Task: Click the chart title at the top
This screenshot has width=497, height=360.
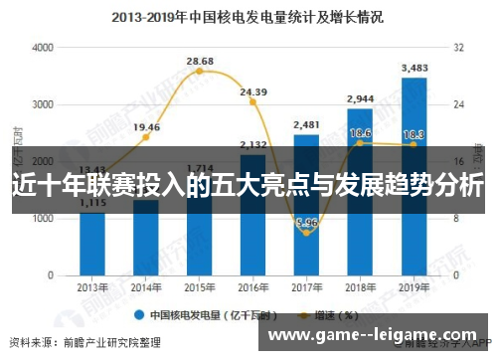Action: click(248, 17)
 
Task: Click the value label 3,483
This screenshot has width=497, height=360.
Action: click(414, 68)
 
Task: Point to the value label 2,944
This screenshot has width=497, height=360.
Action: click(360, 98)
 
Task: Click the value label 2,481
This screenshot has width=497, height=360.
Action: click(306, 124)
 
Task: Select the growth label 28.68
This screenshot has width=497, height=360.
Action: click(200, 61)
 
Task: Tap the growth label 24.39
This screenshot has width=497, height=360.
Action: click(253, 92)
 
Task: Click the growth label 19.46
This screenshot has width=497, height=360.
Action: click(146, 126)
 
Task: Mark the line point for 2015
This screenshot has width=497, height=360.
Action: click(200, 72)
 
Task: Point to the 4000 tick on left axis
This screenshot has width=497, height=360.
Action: click(44, 48)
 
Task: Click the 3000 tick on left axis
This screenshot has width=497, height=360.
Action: click(44, 104)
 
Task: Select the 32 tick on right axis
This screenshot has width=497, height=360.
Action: click(459, 48)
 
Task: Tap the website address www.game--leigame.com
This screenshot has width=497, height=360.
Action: click(374, 335)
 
